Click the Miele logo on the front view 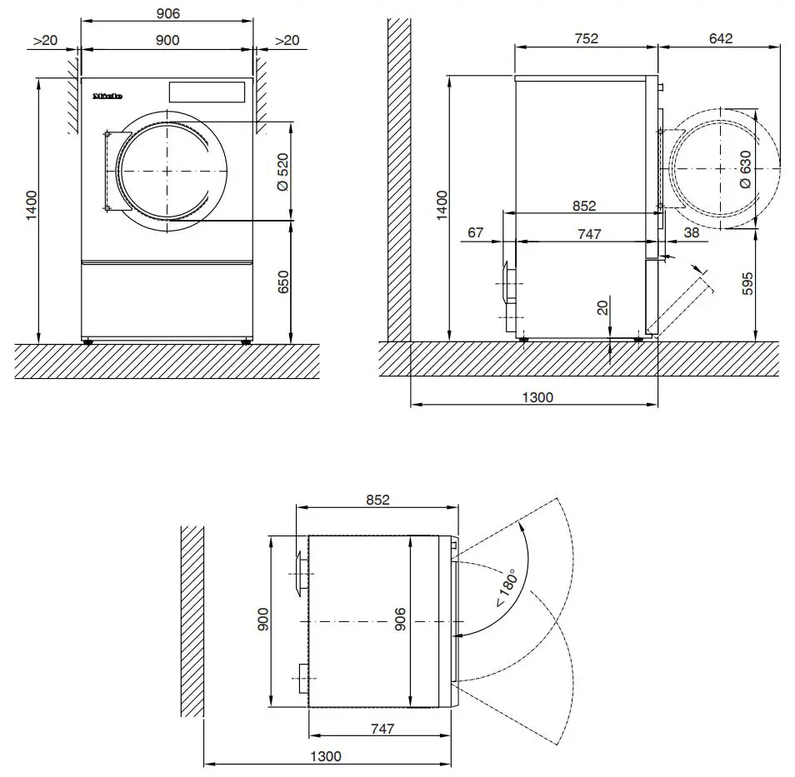pos(107,97)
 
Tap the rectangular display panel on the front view pos(207,92)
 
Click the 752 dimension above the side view pos(586,38)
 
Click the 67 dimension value pos(475,233)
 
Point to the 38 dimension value pos(692,233)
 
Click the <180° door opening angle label pos(505,588)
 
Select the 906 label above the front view pos(167,13)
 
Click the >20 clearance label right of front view pos(287,40)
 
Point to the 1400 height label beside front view pos(31,205)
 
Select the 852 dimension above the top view pos(377,500)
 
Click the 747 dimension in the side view pos(588,234)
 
